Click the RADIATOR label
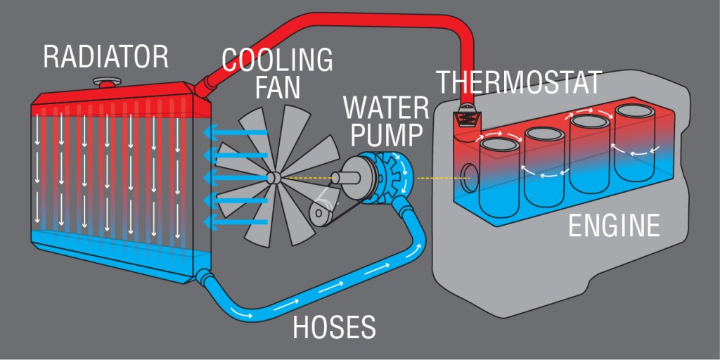(105, 56)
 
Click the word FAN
(277, 87)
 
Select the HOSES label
(334, 327)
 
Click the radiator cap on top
(108, 82)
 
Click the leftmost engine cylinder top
(497, 146)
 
